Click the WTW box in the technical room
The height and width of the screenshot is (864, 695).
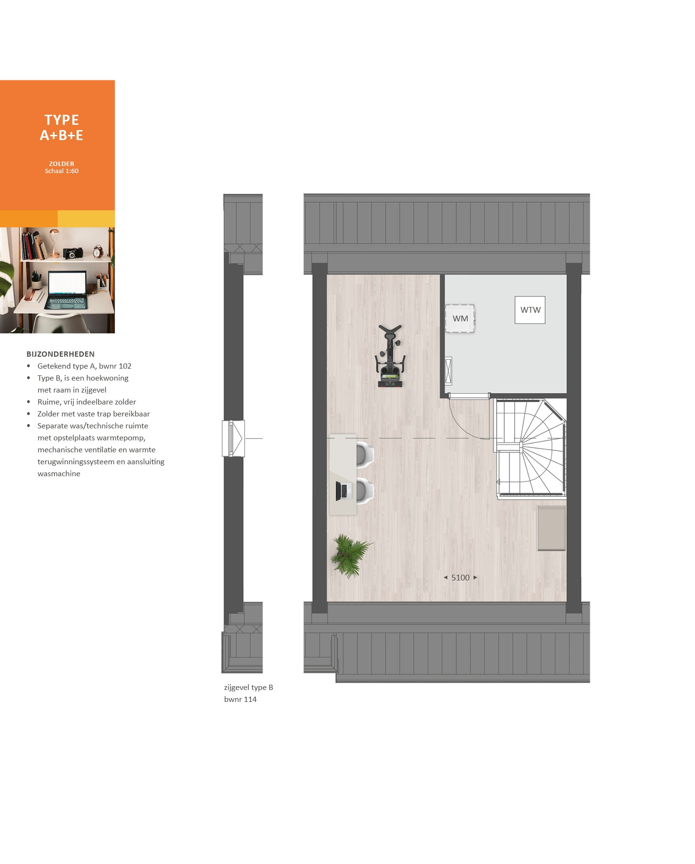point(530,310)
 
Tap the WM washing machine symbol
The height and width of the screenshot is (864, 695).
point(460,318)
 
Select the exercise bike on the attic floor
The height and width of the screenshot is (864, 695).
point(390,356)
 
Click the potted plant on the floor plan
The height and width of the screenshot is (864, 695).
point(351,555)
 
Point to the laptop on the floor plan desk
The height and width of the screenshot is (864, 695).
point(342,491)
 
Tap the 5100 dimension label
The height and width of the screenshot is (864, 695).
point(460,578)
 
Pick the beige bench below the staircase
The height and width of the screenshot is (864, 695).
point(552,528)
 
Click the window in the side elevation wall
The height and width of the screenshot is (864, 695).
point(233,438)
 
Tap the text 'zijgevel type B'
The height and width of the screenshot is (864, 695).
point(249,687)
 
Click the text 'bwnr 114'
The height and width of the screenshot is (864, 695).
point(240,699)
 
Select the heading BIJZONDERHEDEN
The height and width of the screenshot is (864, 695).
point(61,354)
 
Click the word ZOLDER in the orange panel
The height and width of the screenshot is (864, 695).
point(62,164)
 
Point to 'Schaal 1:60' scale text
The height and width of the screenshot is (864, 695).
point(62,171)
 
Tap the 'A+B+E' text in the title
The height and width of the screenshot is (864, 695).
point(62,135)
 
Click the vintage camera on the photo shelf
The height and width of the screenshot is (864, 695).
point(73,253)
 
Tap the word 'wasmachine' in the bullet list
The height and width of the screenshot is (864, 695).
point(59,473)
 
